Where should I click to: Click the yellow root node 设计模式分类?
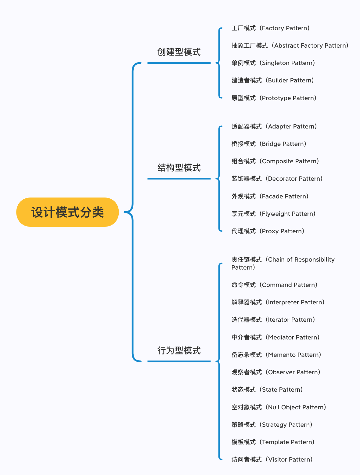click(67, 212)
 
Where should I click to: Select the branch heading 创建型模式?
click(179, 52)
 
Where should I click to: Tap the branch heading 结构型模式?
click(179, 168)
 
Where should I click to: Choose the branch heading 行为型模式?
click(179, 351)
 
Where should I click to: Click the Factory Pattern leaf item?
click(271, 28)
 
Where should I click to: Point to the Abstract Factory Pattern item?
click(290, 46)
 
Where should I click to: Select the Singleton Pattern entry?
click(273, 63)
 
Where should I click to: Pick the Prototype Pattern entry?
click(274, 98)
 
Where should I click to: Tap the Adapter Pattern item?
click(274, 127)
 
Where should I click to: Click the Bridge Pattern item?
click(269, 144)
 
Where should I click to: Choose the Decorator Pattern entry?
click(277, 179)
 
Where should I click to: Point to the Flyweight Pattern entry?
click(273, 214)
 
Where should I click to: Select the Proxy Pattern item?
click(268, 231)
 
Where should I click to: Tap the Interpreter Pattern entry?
click(278, 303)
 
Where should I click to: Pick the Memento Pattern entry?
click(276, 355)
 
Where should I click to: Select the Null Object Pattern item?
click(279, 408)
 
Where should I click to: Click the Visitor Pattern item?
click(272, 460)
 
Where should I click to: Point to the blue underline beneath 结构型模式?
click(179, 179)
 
